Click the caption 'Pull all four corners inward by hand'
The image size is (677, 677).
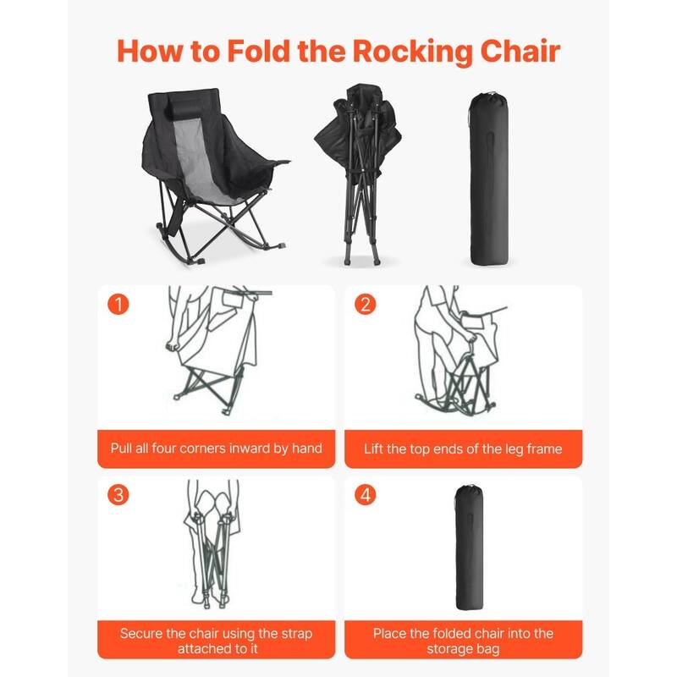(216, 448)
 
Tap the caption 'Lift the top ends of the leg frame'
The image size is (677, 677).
(463, 448)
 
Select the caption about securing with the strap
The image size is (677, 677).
(216, 641)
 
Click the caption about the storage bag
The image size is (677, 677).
(463, 641)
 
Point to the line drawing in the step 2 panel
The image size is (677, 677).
(457, 351)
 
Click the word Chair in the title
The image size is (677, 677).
(515, 51)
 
